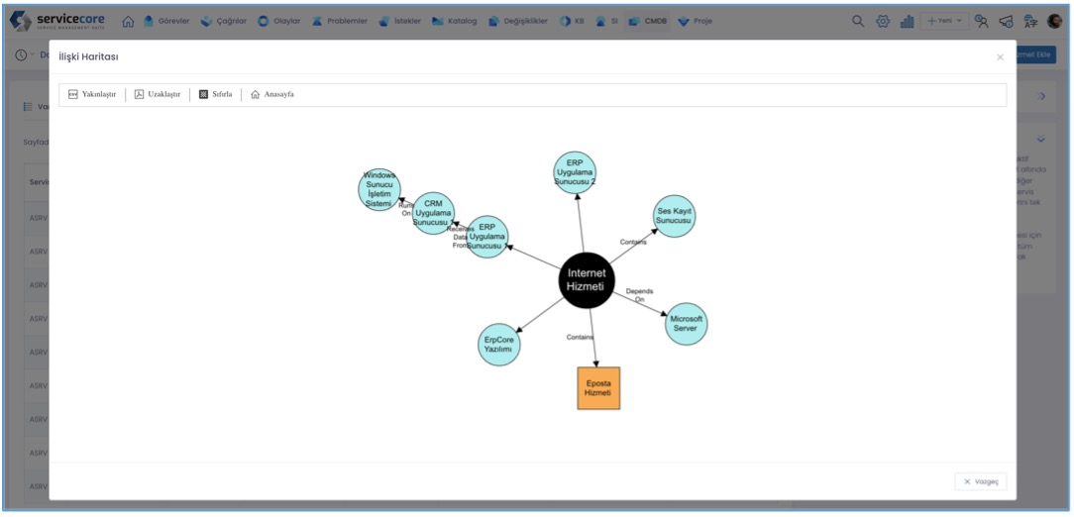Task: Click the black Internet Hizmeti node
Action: pyautogui.click(x=586, y=280)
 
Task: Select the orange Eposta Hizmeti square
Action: pyautogui.click(x=598, y=388)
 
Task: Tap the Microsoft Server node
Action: pyautogui.click(x=686, y=324)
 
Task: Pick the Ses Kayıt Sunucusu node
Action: pyautogui.click(x=674, y=216)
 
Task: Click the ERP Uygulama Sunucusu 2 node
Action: pyautogui.click(x=575, y=172)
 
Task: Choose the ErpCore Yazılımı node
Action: pyautogui.click(x=498, y=345)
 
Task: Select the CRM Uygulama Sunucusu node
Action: pyautogui.click(x=433, y=213)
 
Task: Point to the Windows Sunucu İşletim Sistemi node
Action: pyautogui.click(x=379, y=189)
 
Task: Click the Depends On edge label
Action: pyautogui.click(x=639, y=295)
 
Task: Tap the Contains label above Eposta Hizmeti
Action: pyautogui.click(x=580, y=337)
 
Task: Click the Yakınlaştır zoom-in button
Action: pyautogui.click(x=92, y=95)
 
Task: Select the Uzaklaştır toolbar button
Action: pyautogui.click(x=158, y=95)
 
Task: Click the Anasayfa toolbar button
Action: pyautogui.click(x=272, y=95)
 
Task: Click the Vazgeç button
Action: pyautogui.click(x=981, y=481)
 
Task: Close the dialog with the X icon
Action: pyautogui.click(x=1000, y=57)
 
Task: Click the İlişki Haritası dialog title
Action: pyautogui.click(x=89, y=58)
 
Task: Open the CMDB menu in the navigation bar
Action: pyautogui.click(x=648, y=21)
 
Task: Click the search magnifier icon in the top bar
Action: pyautogui.click(x=858, y=21)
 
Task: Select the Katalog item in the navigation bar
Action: pyautogui.click(x=455, y=21)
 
